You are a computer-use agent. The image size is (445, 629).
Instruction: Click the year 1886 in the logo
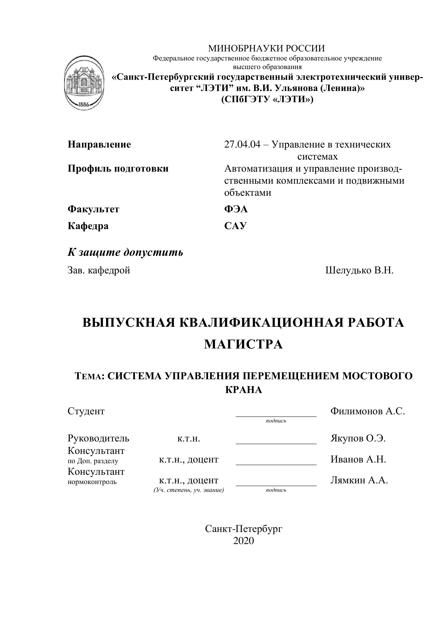(x=84, y=104)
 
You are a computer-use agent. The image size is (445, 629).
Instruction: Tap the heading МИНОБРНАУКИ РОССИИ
(x=266, y=48)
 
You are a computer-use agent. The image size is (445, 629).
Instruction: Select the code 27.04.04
(x=242, y=144)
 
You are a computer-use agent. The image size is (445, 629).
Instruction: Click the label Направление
(x=99, y=144)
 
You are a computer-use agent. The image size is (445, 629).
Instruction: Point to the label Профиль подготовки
(x=118, y=168)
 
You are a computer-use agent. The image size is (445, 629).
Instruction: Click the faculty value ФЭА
(x=236, y=209)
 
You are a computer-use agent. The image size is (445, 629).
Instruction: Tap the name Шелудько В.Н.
(x=359, y=270)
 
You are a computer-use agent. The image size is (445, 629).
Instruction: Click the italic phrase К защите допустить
(x=125, y=252)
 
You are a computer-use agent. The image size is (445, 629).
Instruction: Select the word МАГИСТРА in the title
(x=243, y=344)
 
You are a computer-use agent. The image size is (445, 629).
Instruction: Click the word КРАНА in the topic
(x=243, y=390)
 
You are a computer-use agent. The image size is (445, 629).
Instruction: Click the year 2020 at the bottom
(x=243, y=541)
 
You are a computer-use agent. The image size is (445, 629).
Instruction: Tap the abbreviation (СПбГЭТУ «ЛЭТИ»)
(x=267, y=99)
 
